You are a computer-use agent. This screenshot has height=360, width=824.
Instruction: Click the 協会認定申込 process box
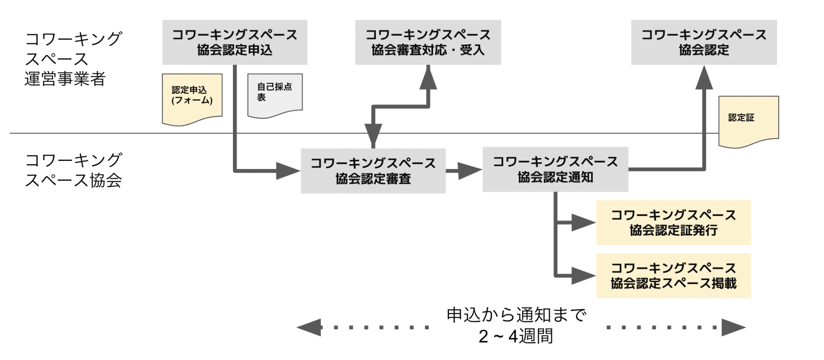pos(234,42)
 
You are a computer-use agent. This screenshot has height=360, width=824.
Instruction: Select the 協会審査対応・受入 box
pos(428,42)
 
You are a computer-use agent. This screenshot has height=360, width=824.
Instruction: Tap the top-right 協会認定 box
pos(704,42)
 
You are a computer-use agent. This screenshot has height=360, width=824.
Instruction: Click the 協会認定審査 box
pos(373,171)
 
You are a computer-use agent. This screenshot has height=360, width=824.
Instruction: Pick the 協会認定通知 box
pos(555,169)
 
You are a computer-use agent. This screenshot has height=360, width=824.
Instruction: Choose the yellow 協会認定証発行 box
pos(673,223)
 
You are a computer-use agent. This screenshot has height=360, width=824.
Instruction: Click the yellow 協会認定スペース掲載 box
pos(673,275)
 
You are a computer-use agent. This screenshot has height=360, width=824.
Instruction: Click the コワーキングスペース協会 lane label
pos(73,170)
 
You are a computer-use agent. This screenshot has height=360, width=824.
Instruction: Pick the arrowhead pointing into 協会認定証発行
pos(583,223)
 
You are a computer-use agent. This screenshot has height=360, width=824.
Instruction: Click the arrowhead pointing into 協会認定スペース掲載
pos(583,275)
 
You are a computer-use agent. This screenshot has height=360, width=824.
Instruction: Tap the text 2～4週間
pos(515,336)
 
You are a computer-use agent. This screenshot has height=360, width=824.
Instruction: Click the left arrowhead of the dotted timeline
pos(309,327)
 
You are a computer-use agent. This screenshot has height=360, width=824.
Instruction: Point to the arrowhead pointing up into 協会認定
pos(704,78)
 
